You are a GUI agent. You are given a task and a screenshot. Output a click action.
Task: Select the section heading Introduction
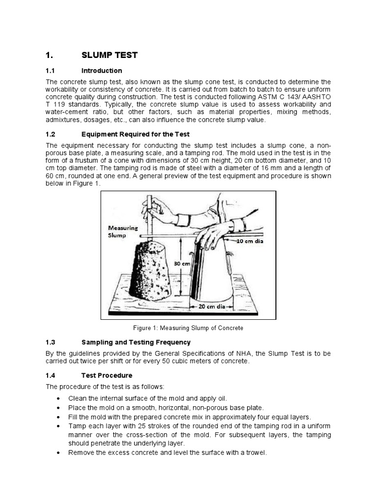click(102, 71)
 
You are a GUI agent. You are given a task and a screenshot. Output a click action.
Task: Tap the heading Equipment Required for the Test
click(135, 134)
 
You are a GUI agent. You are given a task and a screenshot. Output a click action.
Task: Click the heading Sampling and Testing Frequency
click(136, 342)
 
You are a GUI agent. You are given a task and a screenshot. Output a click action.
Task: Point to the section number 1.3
click(52, 342)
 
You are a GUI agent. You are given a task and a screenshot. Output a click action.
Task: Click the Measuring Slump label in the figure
click(123, 231)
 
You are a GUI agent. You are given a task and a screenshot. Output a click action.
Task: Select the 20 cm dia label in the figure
click(211, 306)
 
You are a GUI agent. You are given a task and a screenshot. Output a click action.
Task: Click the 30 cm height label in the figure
click(181, 264)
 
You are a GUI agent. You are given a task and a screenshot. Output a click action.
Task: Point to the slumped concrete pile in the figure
click(152, 270)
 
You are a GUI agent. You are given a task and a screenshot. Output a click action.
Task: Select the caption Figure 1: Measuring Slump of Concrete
click(189, 328)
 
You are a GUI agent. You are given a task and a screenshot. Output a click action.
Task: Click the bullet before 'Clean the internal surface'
click(59, 398)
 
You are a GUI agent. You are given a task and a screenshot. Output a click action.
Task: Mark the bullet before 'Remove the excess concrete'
click(59, 453)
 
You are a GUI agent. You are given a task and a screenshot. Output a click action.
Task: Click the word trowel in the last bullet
click(255, 453)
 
